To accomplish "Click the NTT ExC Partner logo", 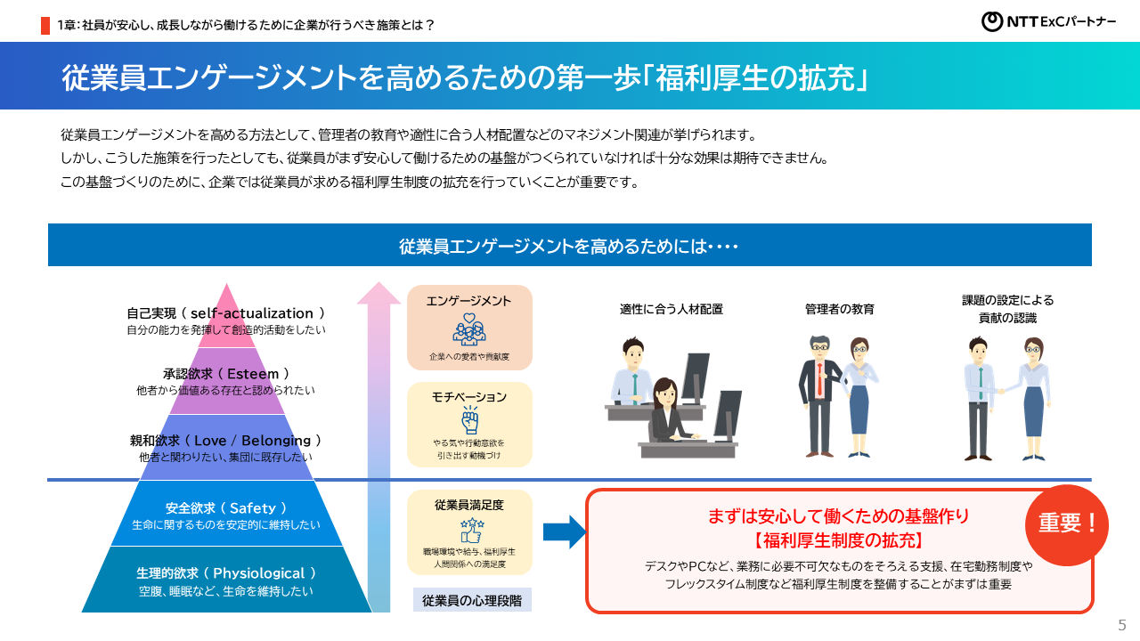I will pos(1048,21).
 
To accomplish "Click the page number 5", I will pos(1122,624).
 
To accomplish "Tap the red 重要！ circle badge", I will pos(1067,524).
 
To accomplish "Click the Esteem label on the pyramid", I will pos(225,374).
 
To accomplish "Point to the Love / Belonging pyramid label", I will pos(225,441).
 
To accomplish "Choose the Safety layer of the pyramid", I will pos(225,508).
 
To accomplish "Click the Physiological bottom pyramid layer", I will pos(225,574).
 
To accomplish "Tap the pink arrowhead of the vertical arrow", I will pos(379,293).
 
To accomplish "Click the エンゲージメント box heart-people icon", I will pos(469,329).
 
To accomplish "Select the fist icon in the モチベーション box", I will pos(469,420).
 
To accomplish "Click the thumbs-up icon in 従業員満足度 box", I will pos(470,531).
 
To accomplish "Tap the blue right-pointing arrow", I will pos(564,532).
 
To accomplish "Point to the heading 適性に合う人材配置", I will pos(671,310).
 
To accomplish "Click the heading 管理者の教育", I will pos(839,310).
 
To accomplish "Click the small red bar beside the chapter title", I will pos(45,25).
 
